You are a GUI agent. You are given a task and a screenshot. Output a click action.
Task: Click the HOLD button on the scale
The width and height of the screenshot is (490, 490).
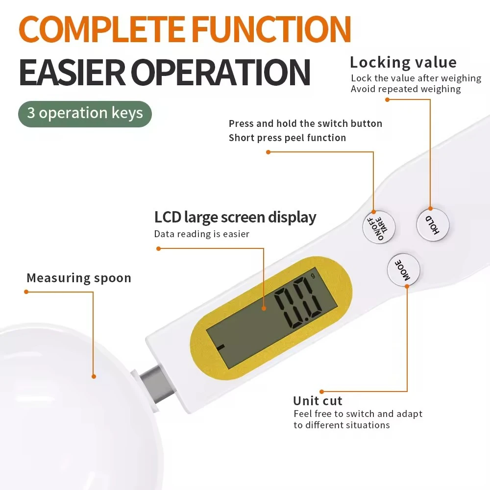point(433,224)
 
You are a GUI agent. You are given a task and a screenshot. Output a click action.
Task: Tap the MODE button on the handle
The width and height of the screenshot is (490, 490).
point(404,270)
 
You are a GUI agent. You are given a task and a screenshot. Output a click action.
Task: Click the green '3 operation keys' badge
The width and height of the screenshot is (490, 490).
point(85,113)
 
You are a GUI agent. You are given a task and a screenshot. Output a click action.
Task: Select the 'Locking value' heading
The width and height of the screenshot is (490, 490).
point(403,63)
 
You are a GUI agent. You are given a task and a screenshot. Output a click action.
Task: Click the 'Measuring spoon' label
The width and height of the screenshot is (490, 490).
point(79,278)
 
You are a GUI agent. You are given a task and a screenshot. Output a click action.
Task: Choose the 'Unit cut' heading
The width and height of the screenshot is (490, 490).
point(318,400)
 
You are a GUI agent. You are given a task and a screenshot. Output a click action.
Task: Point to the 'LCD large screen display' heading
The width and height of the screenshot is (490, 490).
point(235,217)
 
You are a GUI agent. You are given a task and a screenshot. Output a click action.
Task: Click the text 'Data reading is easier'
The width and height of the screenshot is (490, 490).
point(201,234)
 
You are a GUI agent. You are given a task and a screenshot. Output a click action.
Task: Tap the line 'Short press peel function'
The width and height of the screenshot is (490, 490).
point(287,138)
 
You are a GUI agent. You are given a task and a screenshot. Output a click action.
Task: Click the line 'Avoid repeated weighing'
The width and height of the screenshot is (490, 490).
point(406,89)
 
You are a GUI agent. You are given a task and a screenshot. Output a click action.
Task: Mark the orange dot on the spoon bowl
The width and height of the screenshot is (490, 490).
point(94,376)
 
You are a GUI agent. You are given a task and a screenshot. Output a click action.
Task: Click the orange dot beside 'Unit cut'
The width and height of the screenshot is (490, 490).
point(321,392)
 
